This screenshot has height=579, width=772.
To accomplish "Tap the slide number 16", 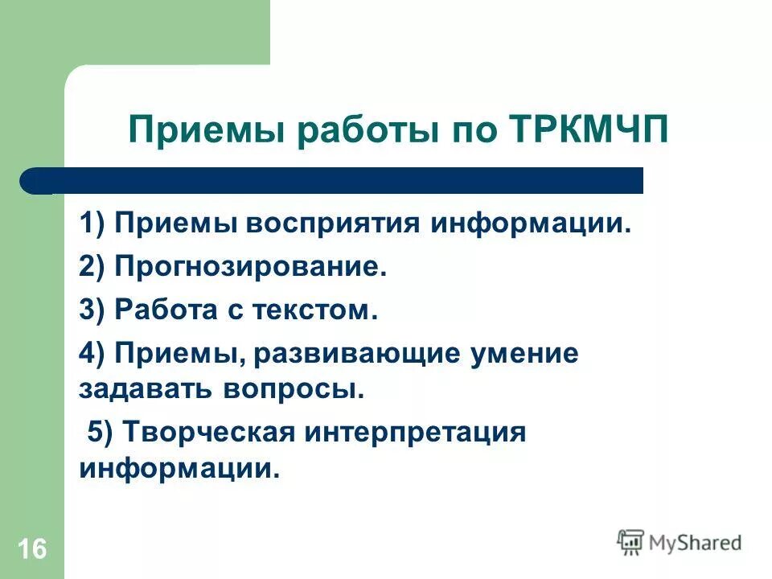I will (31, 550).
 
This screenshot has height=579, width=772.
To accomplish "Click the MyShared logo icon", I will (630, 543).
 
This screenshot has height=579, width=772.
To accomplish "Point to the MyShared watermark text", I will (695, 543).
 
